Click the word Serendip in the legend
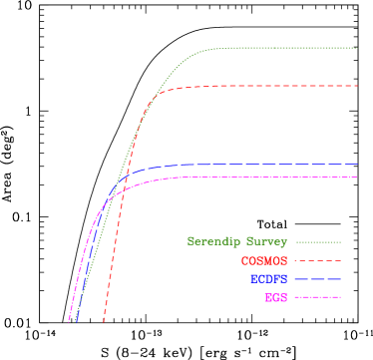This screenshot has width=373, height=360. click(208, 242)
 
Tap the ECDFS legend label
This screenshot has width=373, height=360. click(268, 279)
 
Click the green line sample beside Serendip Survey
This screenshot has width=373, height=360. click(318, 242)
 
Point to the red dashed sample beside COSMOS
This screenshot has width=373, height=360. click(318, 261)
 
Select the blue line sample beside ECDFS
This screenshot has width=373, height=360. click(318, 279)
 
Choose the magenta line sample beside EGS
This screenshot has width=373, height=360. click(318, 298)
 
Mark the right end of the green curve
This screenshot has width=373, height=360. click(357, 48)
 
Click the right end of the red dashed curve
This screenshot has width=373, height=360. click(357, 86)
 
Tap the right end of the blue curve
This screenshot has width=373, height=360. click(357, 165)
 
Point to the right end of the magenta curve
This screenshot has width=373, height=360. click(357, 178)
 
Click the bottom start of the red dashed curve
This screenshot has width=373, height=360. click(104, 322)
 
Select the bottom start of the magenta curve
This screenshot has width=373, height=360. click(69, 322)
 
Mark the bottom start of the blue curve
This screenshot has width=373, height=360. click(76, 322)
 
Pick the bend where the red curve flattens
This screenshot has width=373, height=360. click(165, 92)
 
